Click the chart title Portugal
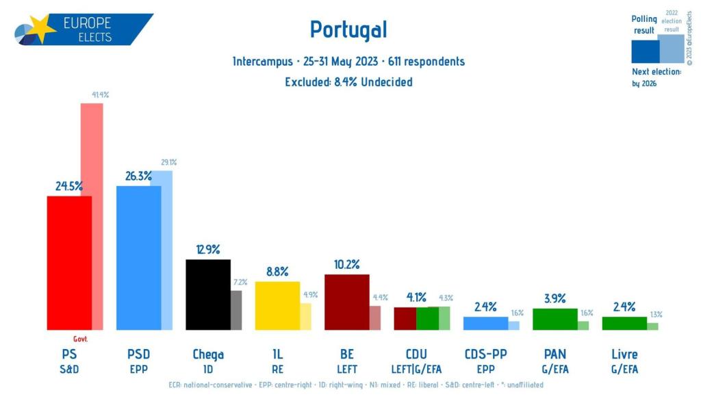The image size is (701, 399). (x=348, y=29)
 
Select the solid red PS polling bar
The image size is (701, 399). (x=69, y=263)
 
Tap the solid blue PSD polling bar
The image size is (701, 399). (x=139, y=258)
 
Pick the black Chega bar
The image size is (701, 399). (x=208, y=294)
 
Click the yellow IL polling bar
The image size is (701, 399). (x=277, y=305)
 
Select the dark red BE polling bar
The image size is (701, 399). (x=346, y=302)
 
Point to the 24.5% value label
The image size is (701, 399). (x=69, y=186)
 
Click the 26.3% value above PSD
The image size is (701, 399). (x=139, y=176)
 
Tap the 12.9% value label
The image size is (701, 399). (x=207, y=250)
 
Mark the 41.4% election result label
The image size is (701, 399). (x=99, y=95)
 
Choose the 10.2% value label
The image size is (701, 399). (x=346, y=265)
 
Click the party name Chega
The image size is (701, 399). (x=208, y=355)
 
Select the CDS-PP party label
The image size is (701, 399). (x=485, y=355)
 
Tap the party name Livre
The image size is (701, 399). (x=624, y=355)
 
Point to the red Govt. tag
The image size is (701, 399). (x=81, y=339)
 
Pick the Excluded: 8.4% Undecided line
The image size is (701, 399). (x=348, y=82)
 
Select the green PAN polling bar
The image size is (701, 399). (x=555, y=319)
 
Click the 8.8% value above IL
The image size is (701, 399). (x=277, y=272)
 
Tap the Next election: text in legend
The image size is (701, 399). (x=656, y=71)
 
